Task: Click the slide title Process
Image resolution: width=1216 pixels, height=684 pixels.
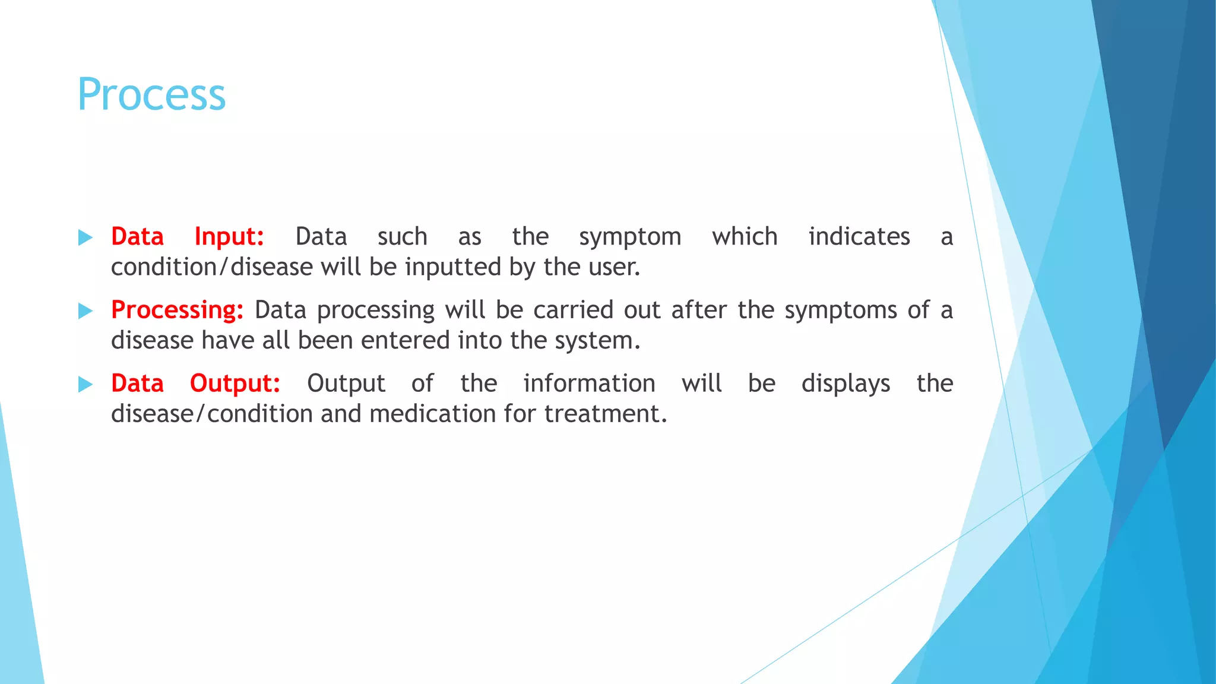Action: pyautogui.click(x=151, y=95)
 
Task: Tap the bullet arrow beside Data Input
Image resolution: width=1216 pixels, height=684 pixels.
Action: pyautogui.click(x=85, y=238)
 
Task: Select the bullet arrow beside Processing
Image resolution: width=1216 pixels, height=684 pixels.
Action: pyautogui.click(x=85, y=311)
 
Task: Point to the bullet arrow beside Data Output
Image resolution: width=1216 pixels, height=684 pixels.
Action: pyautogui.click(x=85, y=385)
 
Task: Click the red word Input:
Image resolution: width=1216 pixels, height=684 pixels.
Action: pyautogui.click(x=229, y=236)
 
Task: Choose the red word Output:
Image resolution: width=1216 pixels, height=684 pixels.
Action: pyautogui.click(x=235, y=384)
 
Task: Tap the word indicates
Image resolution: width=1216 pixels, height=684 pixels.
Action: pyautogui.click(x=859, y=236)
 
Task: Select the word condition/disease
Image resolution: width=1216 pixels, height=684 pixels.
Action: pyautogui.click(x=211, y=267)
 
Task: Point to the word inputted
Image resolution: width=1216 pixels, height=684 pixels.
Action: pyautogui.click(x=453, y=267)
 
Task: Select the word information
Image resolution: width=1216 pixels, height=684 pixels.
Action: pyautogui.click(x=589, y=384)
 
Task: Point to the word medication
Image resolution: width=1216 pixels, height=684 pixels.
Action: pyautogui.click(x=432, y=414)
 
